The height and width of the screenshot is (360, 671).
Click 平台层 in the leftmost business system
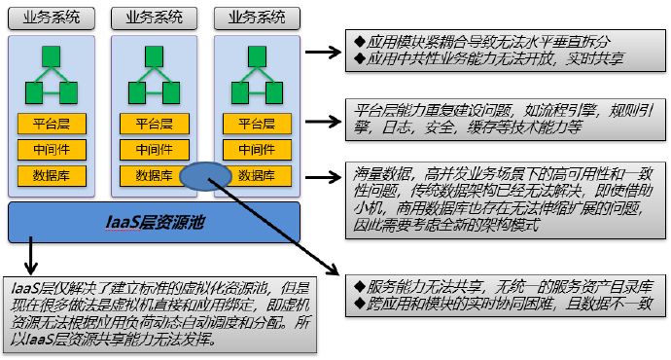tap(52, 124)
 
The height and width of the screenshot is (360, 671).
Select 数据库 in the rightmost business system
tap(257, 176)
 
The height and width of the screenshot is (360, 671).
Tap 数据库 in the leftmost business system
tap(52, 176)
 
